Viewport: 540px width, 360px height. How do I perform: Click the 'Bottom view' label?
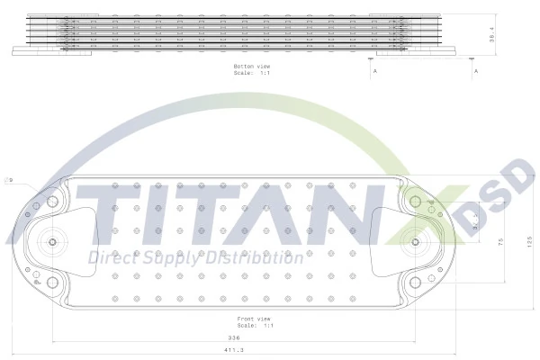coord(252,67)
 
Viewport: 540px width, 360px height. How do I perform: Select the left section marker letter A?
coord(373,70)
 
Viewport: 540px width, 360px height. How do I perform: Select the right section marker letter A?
coord(475,70)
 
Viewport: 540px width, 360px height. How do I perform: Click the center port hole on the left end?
coord(52,242)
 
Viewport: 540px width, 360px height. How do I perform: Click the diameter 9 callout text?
coord(10,180)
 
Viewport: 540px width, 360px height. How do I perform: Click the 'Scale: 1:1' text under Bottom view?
coord(252,74)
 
